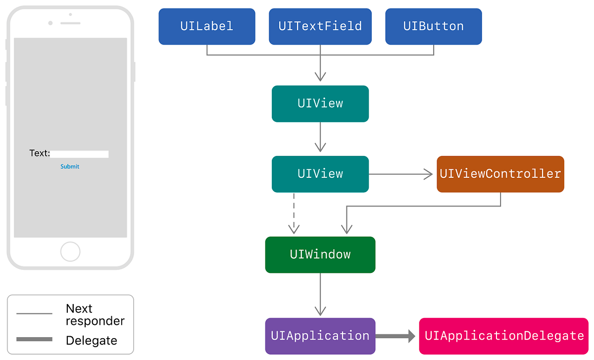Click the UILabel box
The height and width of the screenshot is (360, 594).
207,26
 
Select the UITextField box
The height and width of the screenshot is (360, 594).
320,26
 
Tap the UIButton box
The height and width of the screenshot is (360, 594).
434,26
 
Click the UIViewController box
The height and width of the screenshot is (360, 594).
500,174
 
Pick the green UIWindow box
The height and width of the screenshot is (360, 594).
320,255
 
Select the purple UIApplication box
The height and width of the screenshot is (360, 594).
320,336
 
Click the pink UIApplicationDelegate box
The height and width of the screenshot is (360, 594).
504,336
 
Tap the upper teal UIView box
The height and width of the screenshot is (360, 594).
320,103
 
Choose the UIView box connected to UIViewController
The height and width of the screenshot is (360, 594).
320,174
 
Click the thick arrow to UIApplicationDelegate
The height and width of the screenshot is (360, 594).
396,336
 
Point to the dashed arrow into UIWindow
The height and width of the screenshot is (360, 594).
294,213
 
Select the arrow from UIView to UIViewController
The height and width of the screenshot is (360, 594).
401,174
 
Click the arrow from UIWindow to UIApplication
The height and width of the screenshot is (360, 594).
320,295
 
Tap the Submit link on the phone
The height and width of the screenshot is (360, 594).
70,166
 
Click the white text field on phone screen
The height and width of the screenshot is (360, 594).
80,154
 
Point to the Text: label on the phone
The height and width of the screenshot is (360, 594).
40,154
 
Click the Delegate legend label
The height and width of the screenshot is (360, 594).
92,341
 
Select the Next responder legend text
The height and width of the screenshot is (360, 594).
95,315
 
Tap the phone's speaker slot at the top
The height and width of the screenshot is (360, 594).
70,23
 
